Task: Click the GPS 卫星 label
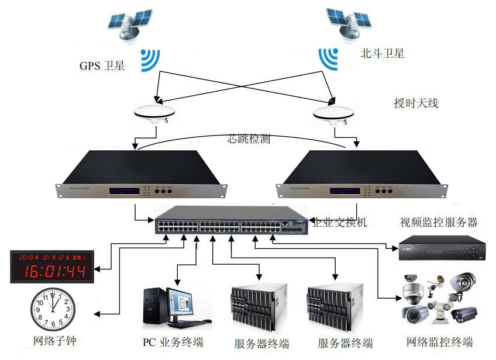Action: tap(102, 65)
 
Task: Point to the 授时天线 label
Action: tap(416, 103)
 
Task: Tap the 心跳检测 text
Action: tap(249, 139)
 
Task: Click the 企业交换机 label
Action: tap(340, 223)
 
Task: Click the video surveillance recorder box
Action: tap(442, 248)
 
